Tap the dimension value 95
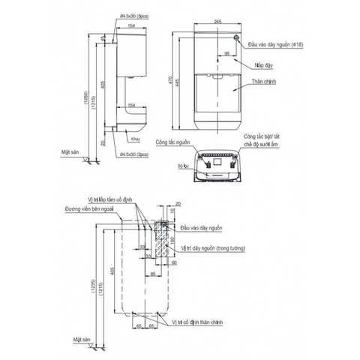tap(226, 53)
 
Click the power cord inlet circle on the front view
tap(237, 37)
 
